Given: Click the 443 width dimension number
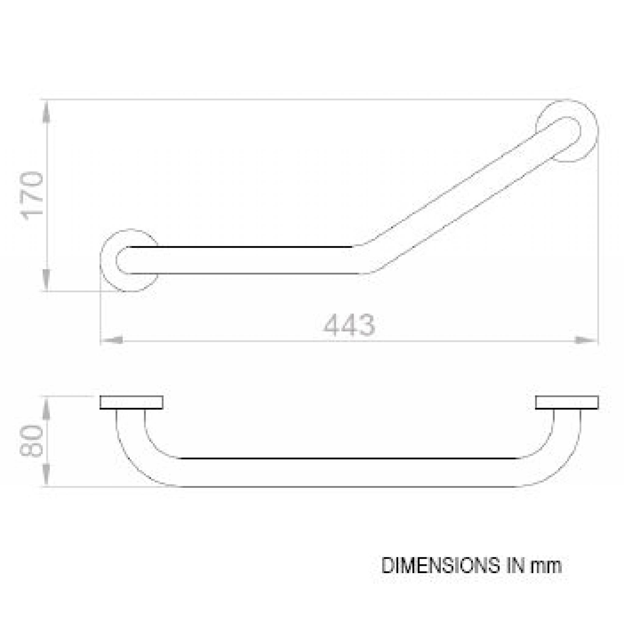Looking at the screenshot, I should [x=349, y=324].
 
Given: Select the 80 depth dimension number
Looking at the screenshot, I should [x=32, y=441].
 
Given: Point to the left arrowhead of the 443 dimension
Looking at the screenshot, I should [x=112, y=340].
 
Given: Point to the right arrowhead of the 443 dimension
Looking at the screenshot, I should [x=586, y=340].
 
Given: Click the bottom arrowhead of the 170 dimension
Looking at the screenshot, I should [x=47, y=280].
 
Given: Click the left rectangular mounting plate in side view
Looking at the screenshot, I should [x=131, y=402].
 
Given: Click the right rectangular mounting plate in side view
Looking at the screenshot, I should [x=566, y=402].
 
